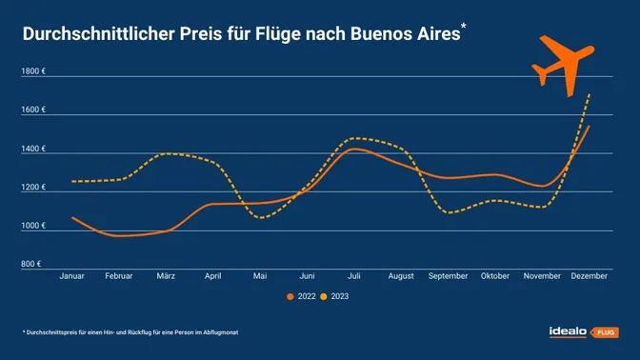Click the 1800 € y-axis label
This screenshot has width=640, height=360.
point(34,71)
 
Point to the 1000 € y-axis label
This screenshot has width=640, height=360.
point(34,226)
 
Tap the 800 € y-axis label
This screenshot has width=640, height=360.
point(32,264)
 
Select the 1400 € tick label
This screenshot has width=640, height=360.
point(34,150)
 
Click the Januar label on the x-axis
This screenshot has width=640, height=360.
point(72,276)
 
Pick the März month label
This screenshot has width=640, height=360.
point(166,276)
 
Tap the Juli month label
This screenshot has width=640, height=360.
point(353,276)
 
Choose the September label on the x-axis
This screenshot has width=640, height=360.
point(447,276)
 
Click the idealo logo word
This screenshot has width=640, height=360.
point(568,331)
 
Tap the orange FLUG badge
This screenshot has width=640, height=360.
point(604,332)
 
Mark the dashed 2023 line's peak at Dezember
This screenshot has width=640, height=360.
point(590,93)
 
